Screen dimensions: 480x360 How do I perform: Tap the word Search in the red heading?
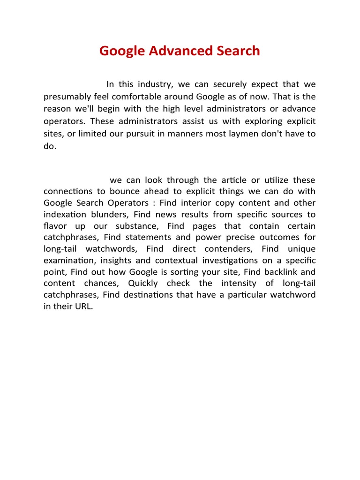click(237, 51)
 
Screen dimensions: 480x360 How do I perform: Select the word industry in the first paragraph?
click(153, 84)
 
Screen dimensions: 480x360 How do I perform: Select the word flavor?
click(56, 226)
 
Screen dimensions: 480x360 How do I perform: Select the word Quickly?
click(142, 283)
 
